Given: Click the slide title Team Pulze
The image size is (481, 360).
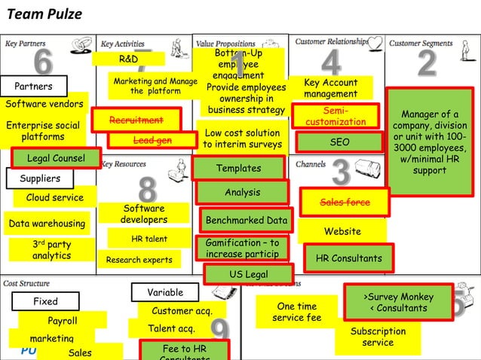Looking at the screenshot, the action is coord(44,14).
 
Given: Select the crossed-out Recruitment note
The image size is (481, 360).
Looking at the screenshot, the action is coord(136,121).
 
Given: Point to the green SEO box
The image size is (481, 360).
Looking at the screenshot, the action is coord(339,142).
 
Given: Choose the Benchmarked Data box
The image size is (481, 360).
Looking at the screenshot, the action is coord(247,221).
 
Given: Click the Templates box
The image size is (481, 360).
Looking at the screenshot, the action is coord(238,168).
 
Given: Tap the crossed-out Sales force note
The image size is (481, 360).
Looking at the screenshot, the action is coord(344,203).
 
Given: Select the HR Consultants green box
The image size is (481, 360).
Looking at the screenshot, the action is coord(348,258).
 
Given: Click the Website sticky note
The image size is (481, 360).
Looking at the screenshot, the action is coord(342,231).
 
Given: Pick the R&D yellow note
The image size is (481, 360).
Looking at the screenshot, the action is coord(129,59).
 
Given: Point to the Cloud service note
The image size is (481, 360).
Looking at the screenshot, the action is coord(55,197).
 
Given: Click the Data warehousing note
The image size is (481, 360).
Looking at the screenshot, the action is coord(47,224).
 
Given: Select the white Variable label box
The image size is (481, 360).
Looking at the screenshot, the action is coord(164,292).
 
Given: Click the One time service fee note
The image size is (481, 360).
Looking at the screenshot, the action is coord(296,312).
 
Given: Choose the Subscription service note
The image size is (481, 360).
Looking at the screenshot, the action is coord(378,337).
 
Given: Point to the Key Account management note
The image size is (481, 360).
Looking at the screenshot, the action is coord(330,88).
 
